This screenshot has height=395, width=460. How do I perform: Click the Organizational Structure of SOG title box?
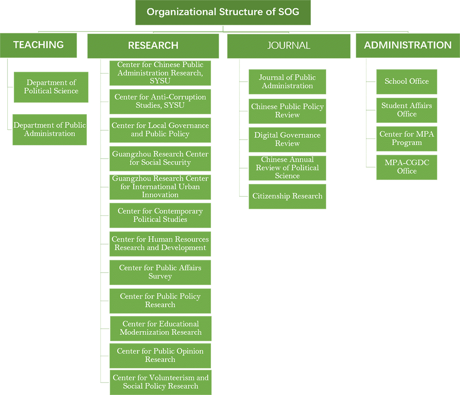tap(223, 12)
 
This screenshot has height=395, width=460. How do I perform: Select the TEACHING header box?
tap(38, 45)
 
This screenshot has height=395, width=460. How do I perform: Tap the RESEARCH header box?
tap(153, 45)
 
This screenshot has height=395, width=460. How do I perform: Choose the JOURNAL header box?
tap(288, 45)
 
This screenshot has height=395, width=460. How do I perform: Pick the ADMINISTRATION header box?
tap(407, 45)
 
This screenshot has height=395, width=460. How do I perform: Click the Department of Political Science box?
tap(51, 87)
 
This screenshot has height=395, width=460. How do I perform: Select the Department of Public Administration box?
tap(49, 129)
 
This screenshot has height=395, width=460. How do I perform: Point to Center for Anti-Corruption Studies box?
tap(160, 102)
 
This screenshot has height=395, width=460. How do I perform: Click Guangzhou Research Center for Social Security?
tap(160, 158)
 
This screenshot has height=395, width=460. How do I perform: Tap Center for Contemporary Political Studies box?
tap(160, 215)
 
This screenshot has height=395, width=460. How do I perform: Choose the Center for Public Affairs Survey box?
tap(160, 272)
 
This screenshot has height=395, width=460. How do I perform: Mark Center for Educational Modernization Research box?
tap(160, 328)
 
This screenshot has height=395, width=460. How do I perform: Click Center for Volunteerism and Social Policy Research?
tap(160, 382)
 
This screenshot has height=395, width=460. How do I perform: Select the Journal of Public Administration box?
tap(287, 82)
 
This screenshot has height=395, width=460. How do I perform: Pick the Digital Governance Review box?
tap(287, 139)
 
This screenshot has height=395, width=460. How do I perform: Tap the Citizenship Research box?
tap(287, 196)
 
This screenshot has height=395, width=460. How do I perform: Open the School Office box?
tap(406, 81)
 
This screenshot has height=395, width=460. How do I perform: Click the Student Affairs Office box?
tap(406, 110)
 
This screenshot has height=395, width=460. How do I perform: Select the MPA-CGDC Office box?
tap(406, 167)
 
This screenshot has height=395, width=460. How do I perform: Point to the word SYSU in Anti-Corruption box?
tap(174, 106)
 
